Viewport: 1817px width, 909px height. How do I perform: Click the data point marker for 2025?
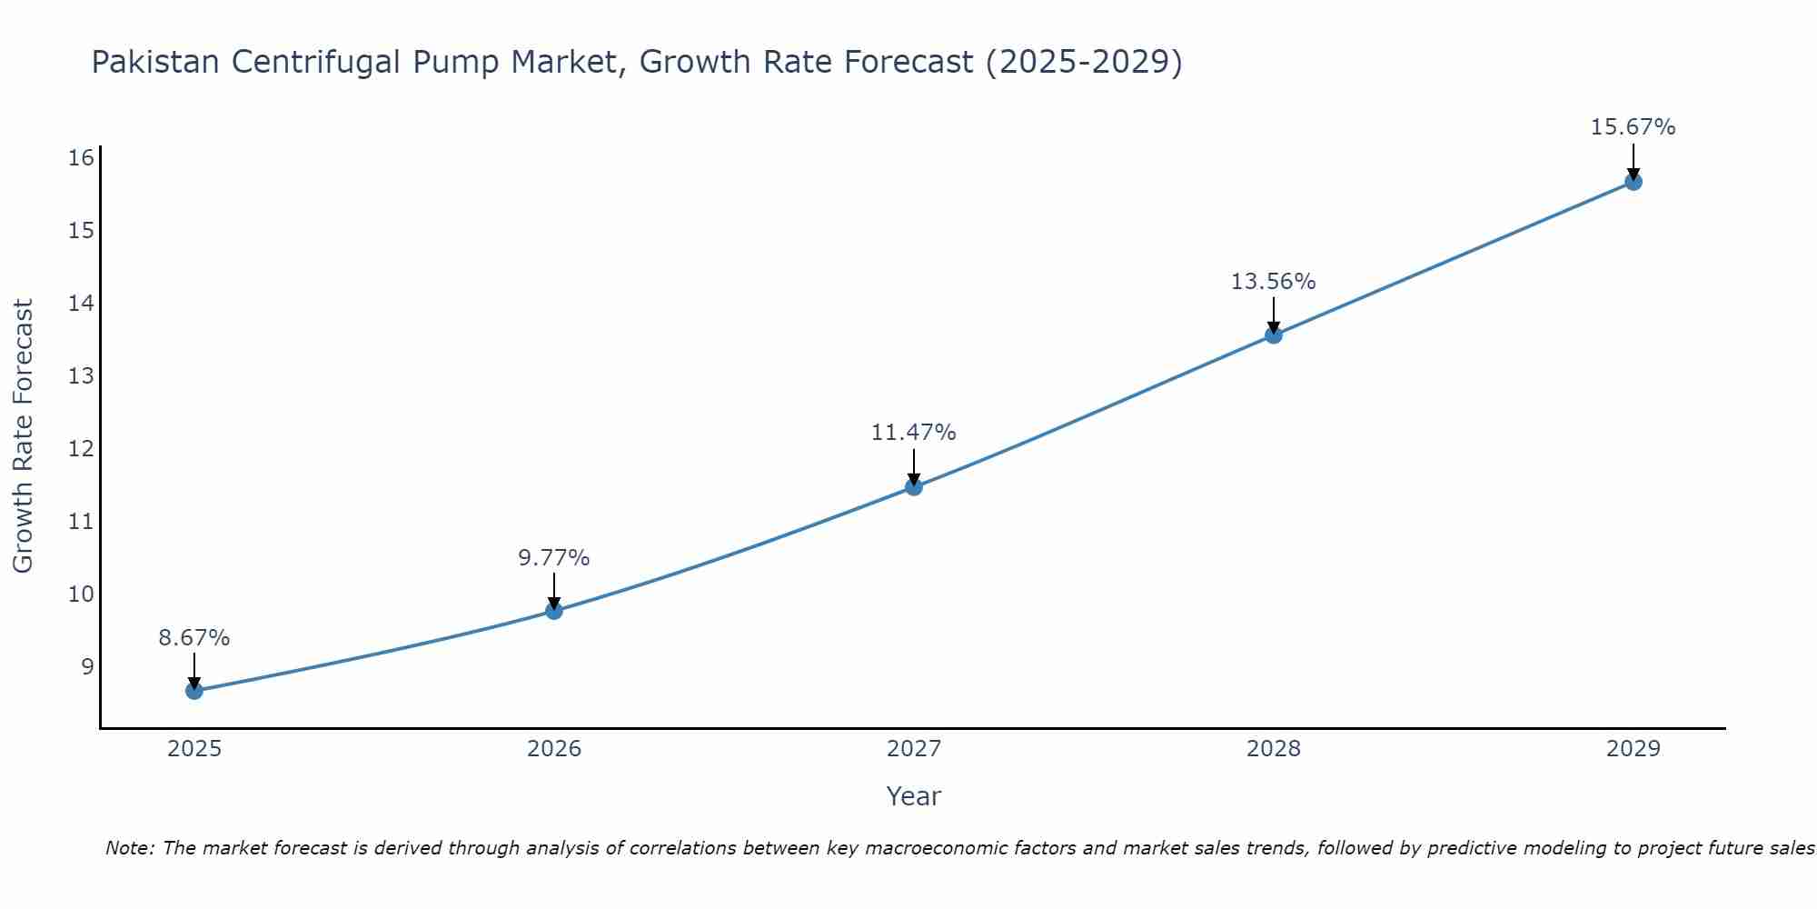[194, 691]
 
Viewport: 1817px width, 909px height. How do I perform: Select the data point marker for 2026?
[554, 611]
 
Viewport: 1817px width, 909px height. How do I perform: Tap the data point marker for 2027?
[914, 487]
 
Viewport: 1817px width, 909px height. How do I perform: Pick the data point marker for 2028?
[1274, 335]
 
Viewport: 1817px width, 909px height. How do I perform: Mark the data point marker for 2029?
[1633, 182]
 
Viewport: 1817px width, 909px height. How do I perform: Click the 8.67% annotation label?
[194, 638]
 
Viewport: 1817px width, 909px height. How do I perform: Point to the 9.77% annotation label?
[554, 558]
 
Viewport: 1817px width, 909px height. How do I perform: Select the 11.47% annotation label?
[914, 433]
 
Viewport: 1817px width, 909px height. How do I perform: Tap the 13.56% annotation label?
[1274, 282]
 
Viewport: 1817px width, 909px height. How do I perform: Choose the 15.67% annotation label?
[1633, 127]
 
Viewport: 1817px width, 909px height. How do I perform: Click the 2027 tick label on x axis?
[914, 749]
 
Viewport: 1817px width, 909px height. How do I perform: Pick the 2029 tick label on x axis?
[1633, 749]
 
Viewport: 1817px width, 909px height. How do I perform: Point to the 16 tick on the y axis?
[81, 158]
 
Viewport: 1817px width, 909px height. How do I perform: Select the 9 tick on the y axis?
[87, 667]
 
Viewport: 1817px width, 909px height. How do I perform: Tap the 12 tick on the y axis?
[81, 449]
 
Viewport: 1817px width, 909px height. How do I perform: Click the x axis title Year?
[914, 796]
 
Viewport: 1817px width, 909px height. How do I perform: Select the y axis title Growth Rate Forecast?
[24, 436]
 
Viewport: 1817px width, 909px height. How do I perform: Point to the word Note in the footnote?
[131, 849]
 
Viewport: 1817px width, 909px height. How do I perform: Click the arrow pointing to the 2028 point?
[1274, 315]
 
